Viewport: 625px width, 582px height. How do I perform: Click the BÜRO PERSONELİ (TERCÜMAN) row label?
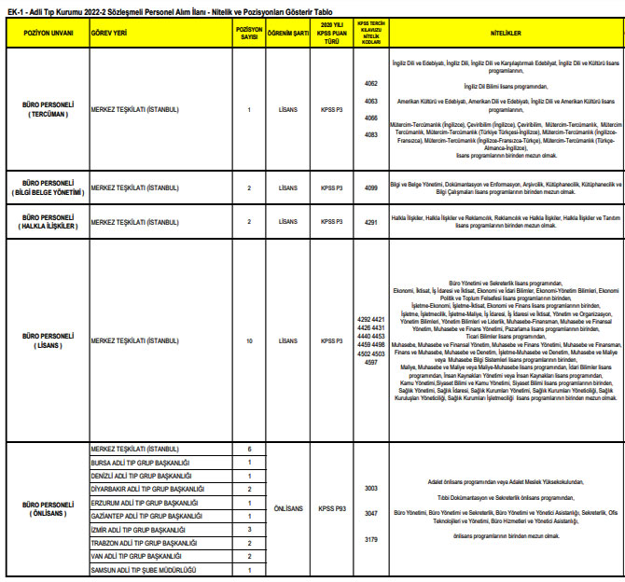click(48, 109)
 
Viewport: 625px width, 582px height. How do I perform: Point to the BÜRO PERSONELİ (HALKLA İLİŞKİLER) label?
click(48, 221)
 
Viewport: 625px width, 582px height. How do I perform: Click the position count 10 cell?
click(249, 340)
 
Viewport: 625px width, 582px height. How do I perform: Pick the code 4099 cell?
click(370, 187)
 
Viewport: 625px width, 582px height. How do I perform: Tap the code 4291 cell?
click(370, 222)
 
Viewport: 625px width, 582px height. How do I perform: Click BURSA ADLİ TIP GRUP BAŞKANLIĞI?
click(140, 463)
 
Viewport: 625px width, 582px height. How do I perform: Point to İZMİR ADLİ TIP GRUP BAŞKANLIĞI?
click(139, 529)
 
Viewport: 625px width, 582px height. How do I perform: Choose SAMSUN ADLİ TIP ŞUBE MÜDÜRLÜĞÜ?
click(141, 569)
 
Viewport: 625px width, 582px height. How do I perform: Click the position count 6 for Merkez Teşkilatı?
click(249, 450)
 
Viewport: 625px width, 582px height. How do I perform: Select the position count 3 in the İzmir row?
click(249, 529)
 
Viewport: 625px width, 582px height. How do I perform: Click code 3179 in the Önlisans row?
click(370, 539)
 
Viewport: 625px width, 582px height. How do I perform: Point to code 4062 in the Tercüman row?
click(370, 84)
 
